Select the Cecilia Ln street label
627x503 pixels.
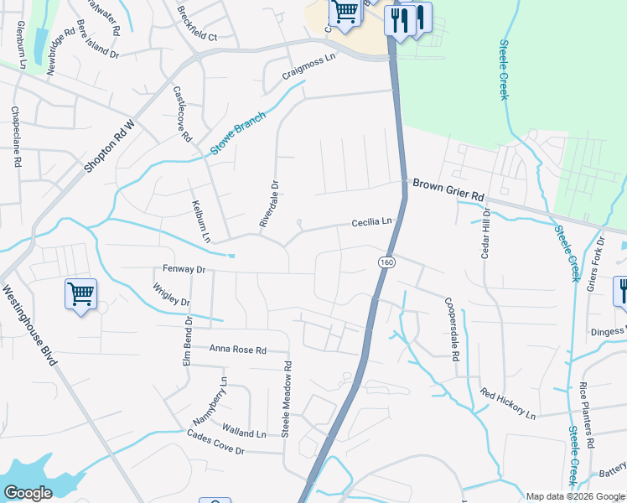pyautogui.click(x=371, y=222)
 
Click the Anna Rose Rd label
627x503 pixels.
pyautogui.click(x=237, y=349)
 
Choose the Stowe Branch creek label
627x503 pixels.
pyautogui.click(x=237, y=133)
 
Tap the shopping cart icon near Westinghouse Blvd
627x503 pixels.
pyautogui.click(x=80, y=294)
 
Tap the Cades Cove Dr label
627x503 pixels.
pyautogui.click(x=215, y=443)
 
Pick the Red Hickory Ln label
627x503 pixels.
pyautogui.click(x=507, y=403)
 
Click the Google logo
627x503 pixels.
pyautogui.click(x=28, y=493)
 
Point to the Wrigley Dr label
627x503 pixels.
pyautogui.click(x=170, y=295)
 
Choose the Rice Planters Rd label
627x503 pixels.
pyautogui.click(x=586, y=415)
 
